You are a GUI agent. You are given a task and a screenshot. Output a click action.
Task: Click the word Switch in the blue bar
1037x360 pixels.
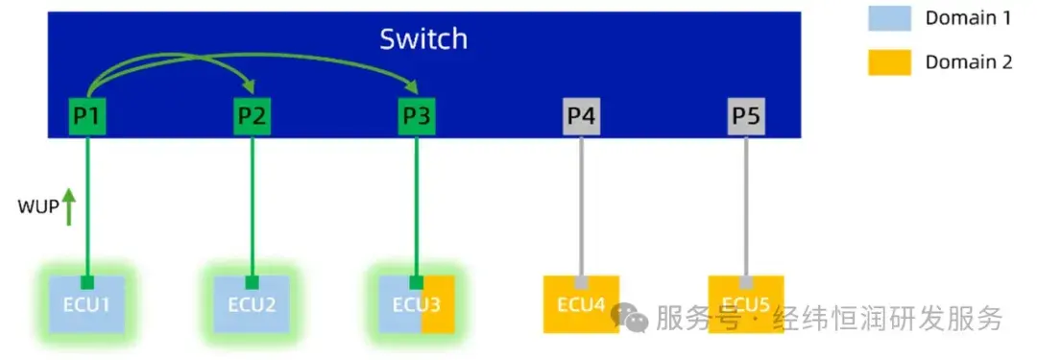[x=423, y=39]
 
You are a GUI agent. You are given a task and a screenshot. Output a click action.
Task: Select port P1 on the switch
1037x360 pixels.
[x=87, y=117]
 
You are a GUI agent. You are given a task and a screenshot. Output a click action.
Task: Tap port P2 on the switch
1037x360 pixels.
[x=252, y=117]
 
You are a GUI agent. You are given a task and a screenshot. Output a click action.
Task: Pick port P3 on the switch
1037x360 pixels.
[x=417, y=117]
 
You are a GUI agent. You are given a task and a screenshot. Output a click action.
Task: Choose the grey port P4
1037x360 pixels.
[x=581, y=117]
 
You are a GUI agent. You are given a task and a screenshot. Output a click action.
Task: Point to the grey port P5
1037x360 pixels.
[x=746, y=117]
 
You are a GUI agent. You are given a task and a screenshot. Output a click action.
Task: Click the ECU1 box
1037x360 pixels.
[x=87, y=304]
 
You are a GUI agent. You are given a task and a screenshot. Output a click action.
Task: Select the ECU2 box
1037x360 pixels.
[x=252, y=304]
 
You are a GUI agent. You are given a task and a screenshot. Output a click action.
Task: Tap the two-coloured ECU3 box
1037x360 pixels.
[x=417, y=304]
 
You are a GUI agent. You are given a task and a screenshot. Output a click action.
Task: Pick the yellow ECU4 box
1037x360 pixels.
[x=581, y=304]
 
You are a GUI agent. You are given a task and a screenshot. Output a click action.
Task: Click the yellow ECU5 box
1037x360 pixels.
[x=746, y=304]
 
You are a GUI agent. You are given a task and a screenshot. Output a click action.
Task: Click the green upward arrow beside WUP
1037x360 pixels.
[x=69, y=205]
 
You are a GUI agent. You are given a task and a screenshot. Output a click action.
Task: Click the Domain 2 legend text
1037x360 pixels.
[x=968, y=62]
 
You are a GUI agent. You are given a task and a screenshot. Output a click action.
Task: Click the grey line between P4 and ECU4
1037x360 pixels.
[x=581, y=205]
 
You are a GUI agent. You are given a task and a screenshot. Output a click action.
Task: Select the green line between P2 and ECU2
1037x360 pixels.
[x=252, y=205]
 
